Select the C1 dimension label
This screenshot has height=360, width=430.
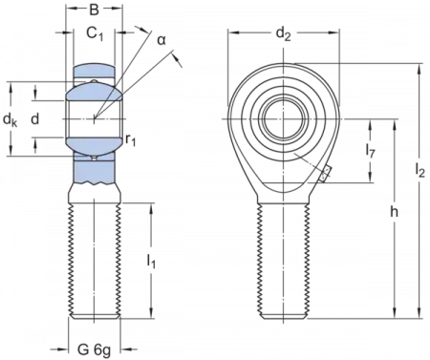(93, 33)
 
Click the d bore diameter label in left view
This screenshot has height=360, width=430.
(33, 119)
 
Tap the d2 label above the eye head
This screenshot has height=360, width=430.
(282, 34)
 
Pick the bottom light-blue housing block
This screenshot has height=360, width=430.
(94, 172)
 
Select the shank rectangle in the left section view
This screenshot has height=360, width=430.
(94, 258)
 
